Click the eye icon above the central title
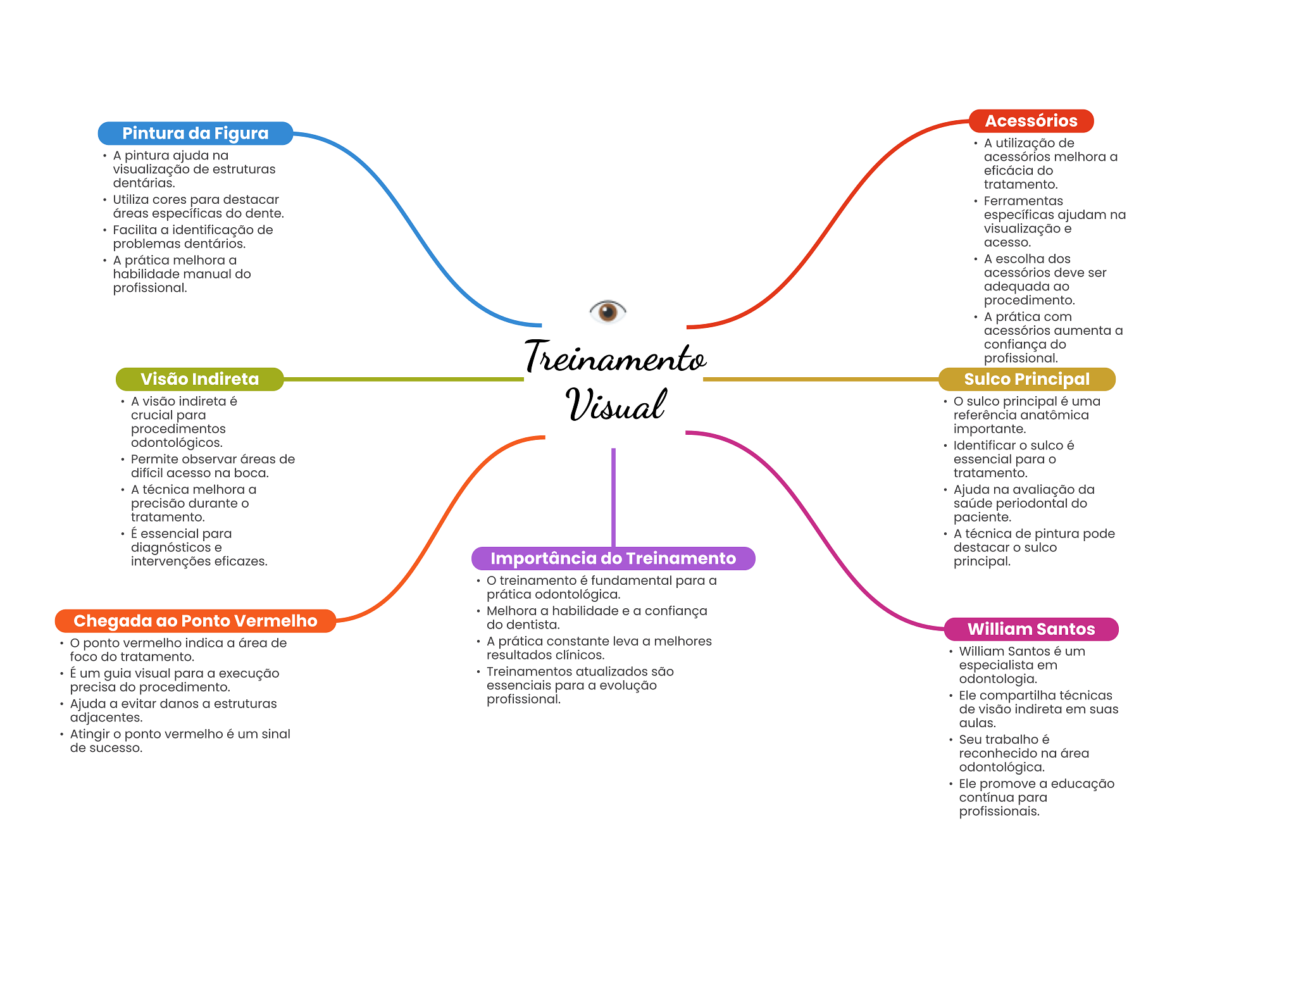point(607,311)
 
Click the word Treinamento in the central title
point(615,358)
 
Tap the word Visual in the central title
point(616,405)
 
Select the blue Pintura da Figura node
point(195,134)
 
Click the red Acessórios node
point(1031,121)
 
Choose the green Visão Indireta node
point(199,379)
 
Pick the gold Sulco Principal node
point(1026,379)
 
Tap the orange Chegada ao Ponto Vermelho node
point(195,621)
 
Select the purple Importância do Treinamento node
point(613,558)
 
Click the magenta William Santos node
point(1031,629)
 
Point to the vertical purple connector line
point(613,497)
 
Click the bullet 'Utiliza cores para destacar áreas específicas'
point(198,206)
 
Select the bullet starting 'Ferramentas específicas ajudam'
point(1054,222)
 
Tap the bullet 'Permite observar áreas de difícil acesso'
point(213,466)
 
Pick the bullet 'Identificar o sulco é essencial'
point(1013,459)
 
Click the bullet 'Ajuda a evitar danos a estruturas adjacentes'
point(173,710)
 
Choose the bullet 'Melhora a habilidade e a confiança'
point(596,618)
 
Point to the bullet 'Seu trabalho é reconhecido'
point(1023,753)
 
